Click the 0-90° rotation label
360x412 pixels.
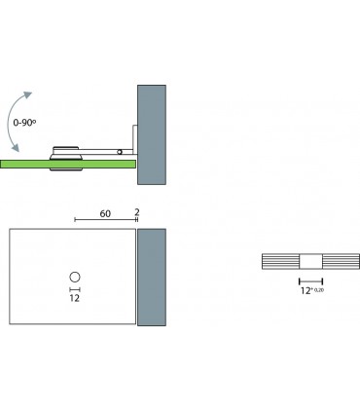pos(24,123)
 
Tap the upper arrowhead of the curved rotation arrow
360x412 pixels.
pos(27,95)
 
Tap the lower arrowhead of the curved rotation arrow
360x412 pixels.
pos(15,148)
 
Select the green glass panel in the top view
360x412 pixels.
pos(67,164)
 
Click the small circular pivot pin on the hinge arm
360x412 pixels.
pos(120,152)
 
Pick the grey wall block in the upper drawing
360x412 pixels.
pos(152,134)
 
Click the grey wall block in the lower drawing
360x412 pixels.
pos(152,277)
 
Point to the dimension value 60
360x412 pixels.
pos(105,213)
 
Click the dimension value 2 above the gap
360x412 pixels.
pos(137,212)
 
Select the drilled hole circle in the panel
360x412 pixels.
pos(75,277)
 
